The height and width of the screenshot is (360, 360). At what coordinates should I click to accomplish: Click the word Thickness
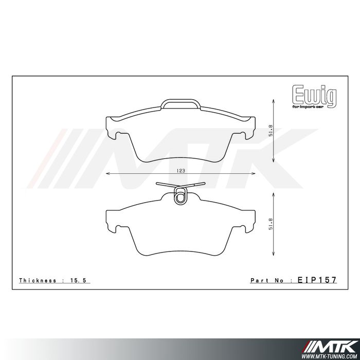tap(37, 280)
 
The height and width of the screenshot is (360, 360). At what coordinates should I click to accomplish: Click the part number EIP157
tap(317, 280)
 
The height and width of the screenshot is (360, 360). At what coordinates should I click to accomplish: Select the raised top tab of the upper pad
tap(180, 103)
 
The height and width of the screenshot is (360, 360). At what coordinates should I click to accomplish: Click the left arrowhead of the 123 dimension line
tap(107, 175)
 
